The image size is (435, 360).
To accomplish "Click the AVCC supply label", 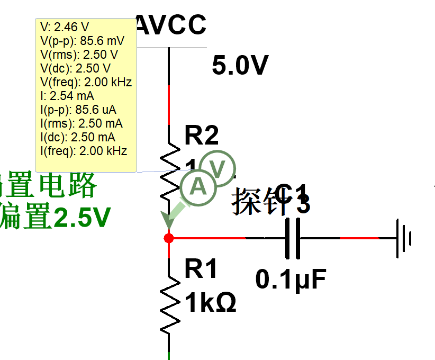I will [171, 25].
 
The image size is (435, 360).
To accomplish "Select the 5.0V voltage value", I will [240, 66].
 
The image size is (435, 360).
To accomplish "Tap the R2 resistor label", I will [202, 136].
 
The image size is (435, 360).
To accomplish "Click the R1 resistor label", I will [201, 270].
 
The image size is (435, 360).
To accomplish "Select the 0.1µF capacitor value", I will [291, 280].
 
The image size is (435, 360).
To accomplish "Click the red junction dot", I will [169, 238].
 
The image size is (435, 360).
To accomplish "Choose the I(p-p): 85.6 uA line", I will [78, 110].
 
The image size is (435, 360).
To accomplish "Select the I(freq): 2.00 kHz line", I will [84, 151].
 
